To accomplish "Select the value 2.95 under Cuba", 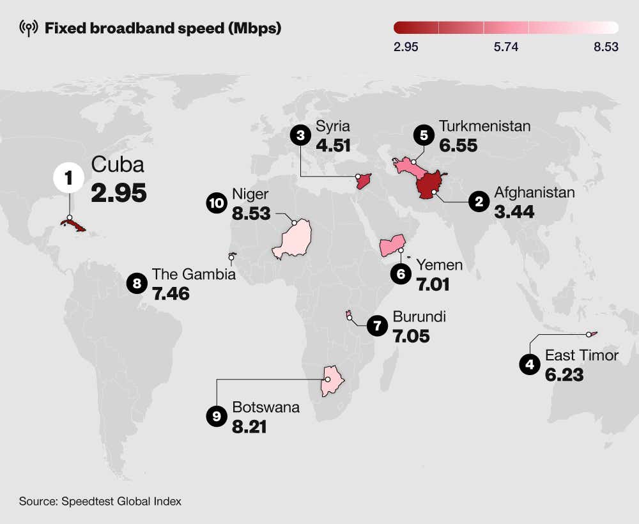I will (119, 192).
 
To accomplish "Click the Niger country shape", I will (291, 241).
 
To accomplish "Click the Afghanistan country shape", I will (431, 185).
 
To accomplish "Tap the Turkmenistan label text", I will (484, 126).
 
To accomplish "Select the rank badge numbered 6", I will (401, 274).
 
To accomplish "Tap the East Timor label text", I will (581, 355).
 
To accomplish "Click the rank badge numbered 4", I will (529, 365).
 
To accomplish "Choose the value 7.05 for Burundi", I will (411, 335).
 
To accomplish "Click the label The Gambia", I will (194, 274).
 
